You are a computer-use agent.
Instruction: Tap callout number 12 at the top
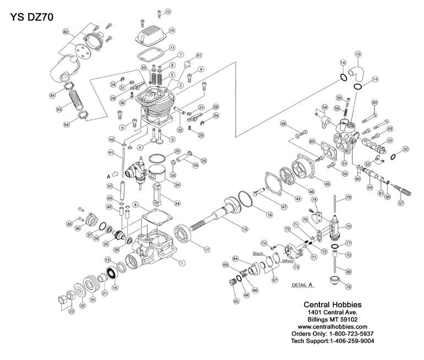pos(167,11)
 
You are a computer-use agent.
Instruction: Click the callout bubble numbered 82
pos(66,34)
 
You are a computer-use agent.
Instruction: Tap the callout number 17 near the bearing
pos(206,249)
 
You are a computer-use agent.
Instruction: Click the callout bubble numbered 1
pos(182,263)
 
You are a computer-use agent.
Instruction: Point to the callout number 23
pos(71,312)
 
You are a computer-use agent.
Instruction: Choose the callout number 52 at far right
pos(405,149)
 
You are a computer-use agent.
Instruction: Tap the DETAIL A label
pos(300,285)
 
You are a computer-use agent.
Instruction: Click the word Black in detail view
pos(258,254)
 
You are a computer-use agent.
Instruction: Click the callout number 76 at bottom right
pos(347,286)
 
